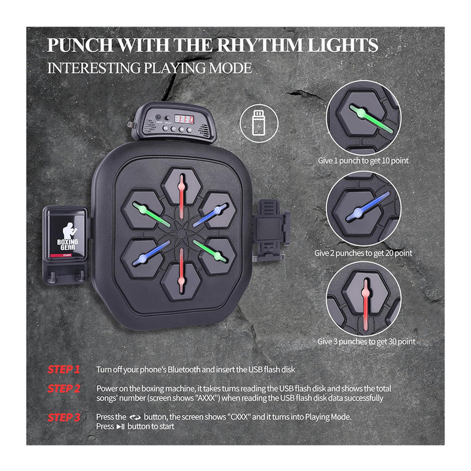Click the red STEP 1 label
(64, 369)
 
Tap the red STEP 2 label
(64, 389)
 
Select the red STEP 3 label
(64, 417)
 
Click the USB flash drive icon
(259, 123)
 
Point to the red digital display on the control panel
(184, 120)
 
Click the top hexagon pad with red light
(181, 186)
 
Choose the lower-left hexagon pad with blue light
(142, 258)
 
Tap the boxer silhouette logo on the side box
(68, 230)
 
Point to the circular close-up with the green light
(363, 118)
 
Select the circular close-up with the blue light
(363, 209)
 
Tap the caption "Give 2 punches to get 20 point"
(363, 253)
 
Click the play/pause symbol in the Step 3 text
(121, 426)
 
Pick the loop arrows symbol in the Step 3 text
(135, 417)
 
